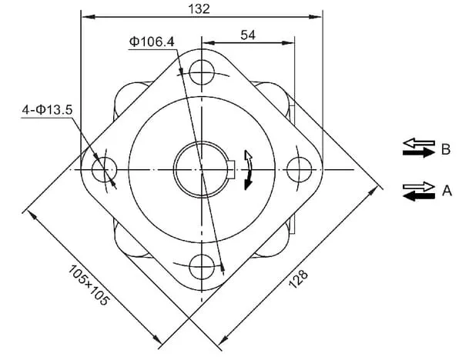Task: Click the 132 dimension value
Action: click(199, 8)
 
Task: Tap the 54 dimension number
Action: click(248, 35)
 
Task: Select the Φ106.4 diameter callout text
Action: click(152, 42)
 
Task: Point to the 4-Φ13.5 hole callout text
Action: click(47, 110)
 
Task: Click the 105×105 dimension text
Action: click(89, 285)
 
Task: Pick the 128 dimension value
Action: click(298, 278)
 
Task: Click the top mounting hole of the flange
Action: click(202, 72)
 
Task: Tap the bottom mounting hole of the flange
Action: click(202, 267)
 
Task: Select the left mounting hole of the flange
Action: click(104, 169)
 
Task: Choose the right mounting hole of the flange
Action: click(299, 169)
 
